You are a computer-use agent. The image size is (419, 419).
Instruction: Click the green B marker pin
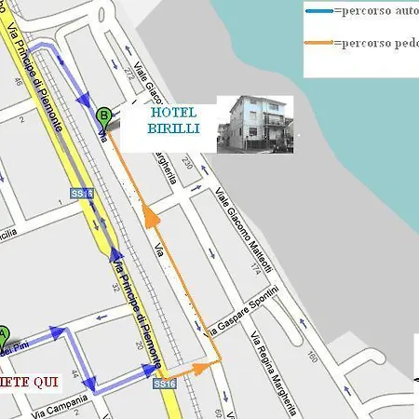point(103,116)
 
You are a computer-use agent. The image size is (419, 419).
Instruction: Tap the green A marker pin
point(3,333)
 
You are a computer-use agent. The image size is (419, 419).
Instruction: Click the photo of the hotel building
point(254,124)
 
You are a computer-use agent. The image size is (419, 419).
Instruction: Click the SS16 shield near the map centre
point(79,194)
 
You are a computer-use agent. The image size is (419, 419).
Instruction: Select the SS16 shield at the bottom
point(164,383)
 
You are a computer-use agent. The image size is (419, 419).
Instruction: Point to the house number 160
point(311,357)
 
